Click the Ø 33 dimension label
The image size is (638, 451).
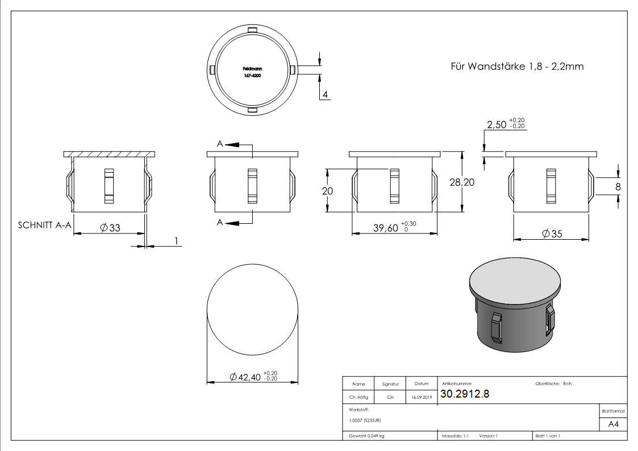coord(110,227)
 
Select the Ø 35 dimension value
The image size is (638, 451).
coord(552,234)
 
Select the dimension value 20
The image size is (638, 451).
coord(327,191)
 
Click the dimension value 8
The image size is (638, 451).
coord(618,186)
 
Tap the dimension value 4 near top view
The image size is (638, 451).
coord(324,94)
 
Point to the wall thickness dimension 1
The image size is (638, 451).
coord(176,241)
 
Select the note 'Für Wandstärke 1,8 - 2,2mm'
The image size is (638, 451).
coord(516,66)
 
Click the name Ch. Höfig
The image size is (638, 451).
coord(358,398)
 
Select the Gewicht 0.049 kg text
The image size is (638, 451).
coord(366,436)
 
